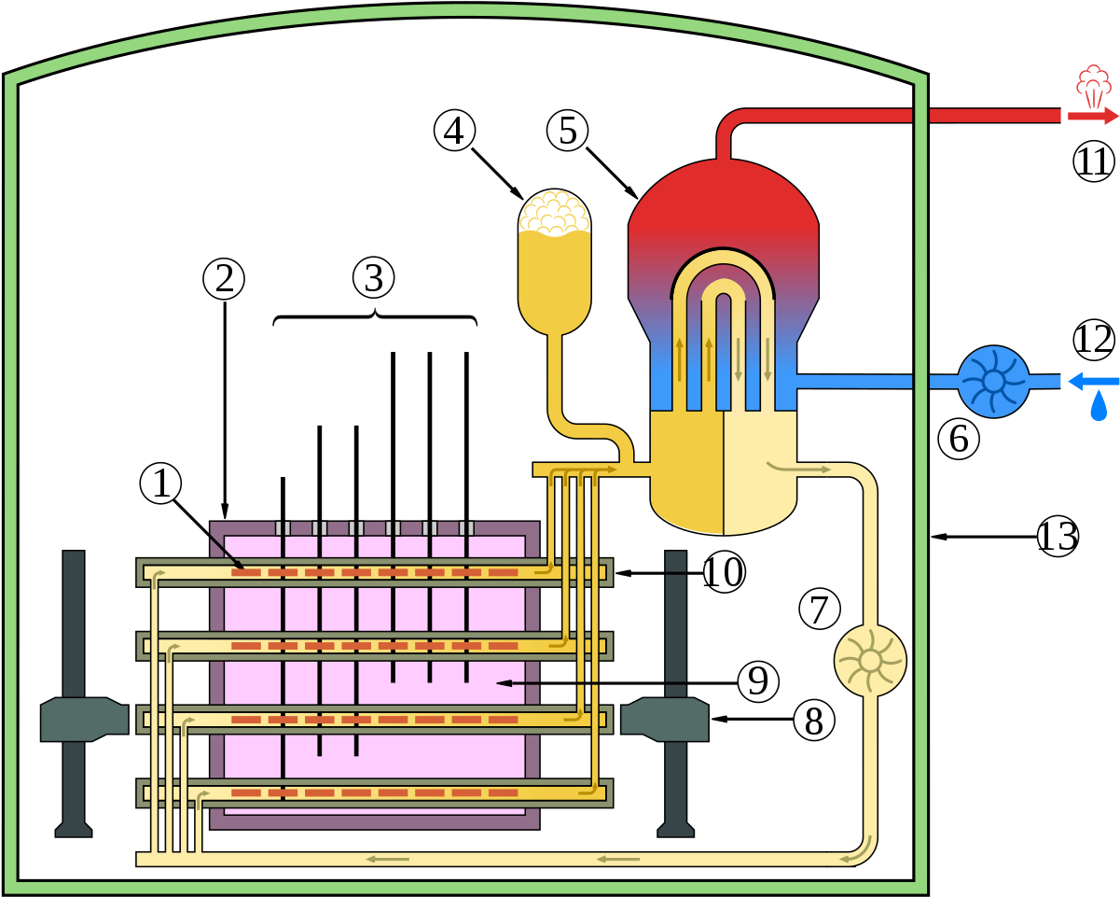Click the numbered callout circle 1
(x=160, y=484)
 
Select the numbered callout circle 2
(x=224, y=279)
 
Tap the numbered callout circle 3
(x=374, y=277)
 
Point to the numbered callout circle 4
(x=454, y=131)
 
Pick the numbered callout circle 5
(x=567, y=131)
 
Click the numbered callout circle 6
(x=959, y=439)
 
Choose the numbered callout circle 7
(x=820, y=610)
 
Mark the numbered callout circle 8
(x=814, y=721)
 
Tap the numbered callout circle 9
(x=758, y=681)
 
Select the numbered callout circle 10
(x=724, y=572)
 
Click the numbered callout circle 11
(x=1093, y=161)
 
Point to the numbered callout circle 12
(x=1093, y=340)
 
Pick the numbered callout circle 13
(x=1058, y=537)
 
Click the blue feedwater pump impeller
(x=994, y=381)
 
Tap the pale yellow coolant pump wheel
(x=870, y=660)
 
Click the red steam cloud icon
(x=1093, y=86)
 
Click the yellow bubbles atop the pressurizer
(x=554, y=213)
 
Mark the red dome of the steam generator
(x=723, y=196)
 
